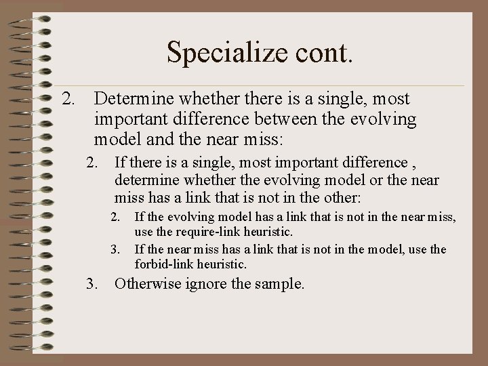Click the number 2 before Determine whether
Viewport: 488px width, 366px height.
pos(67,100)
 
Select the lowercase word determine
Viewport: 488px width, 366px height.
pos(144,181)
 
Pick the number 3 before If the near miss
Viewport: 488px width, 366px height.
pos(115,250)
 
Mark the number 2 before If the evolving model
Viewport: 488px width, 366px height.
pos(115,218)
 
